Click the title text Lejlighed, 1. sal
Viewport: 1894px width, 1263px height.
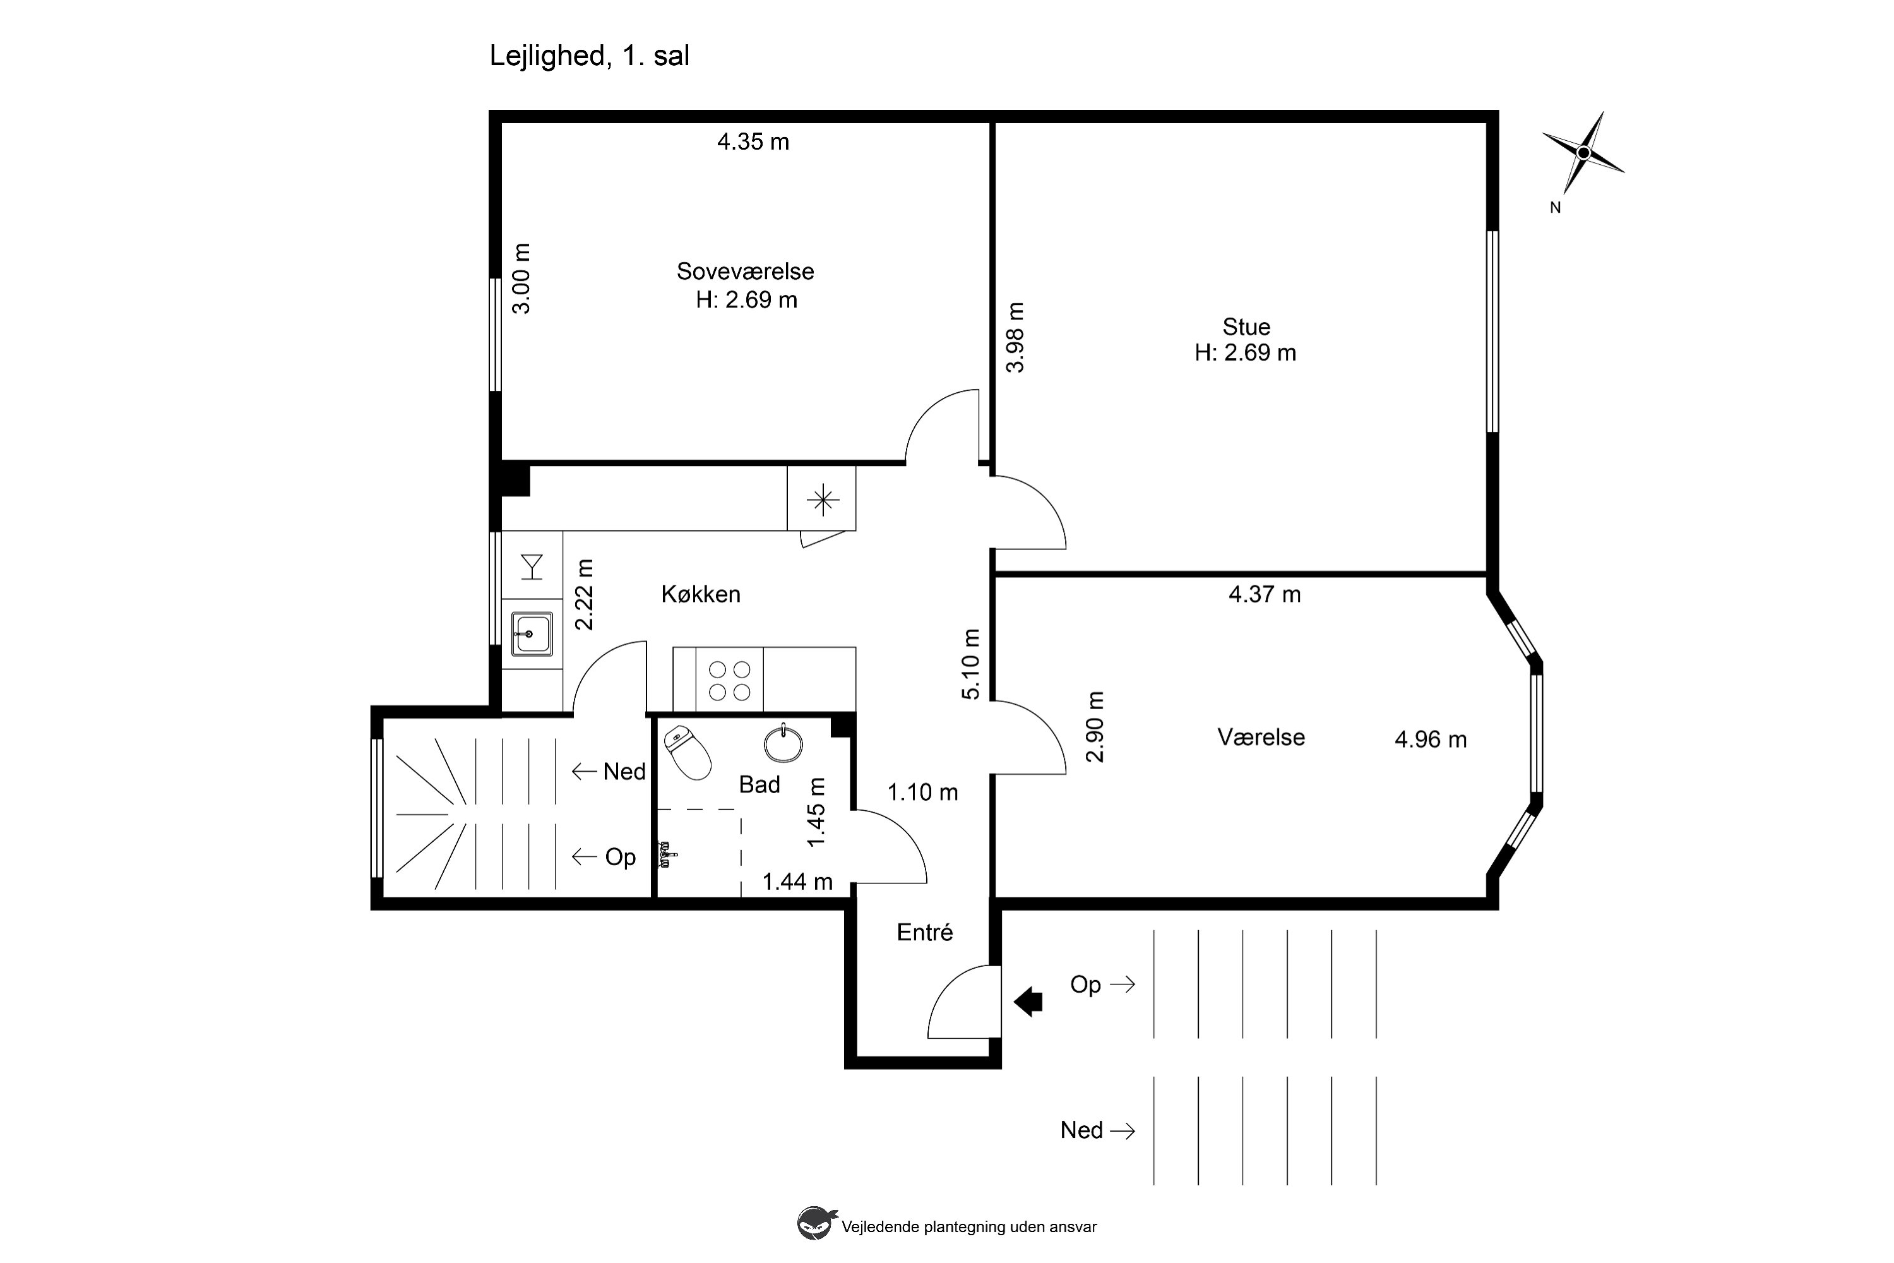(590, 56)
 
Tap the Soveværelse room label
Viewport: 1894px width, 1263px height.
(745, 272)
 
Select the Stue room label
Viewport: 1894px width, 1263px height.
(1246, 326)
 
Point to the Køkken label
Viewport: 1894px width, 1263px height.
(701, 594)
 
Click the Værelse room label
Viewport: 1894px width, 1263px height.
(1261, 737)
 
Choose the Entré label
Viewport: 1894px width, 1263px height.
(924, 932)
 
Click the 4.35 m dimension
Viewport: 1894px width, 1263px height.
(753, 141)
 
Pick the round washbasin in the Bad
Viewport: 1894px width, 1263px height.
(783, 743)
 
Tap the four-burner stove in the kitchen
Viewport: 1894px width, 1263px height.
(730, 681)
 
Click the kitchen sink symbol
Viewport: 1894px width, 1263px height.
(532, 634)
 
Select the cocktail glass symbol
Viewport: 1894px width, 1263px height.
(532, 566)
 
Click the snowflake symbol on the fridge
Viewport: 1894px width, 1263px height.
(822, 500)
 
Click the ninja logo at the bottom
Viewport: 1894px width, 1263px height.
(816, 1224)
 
